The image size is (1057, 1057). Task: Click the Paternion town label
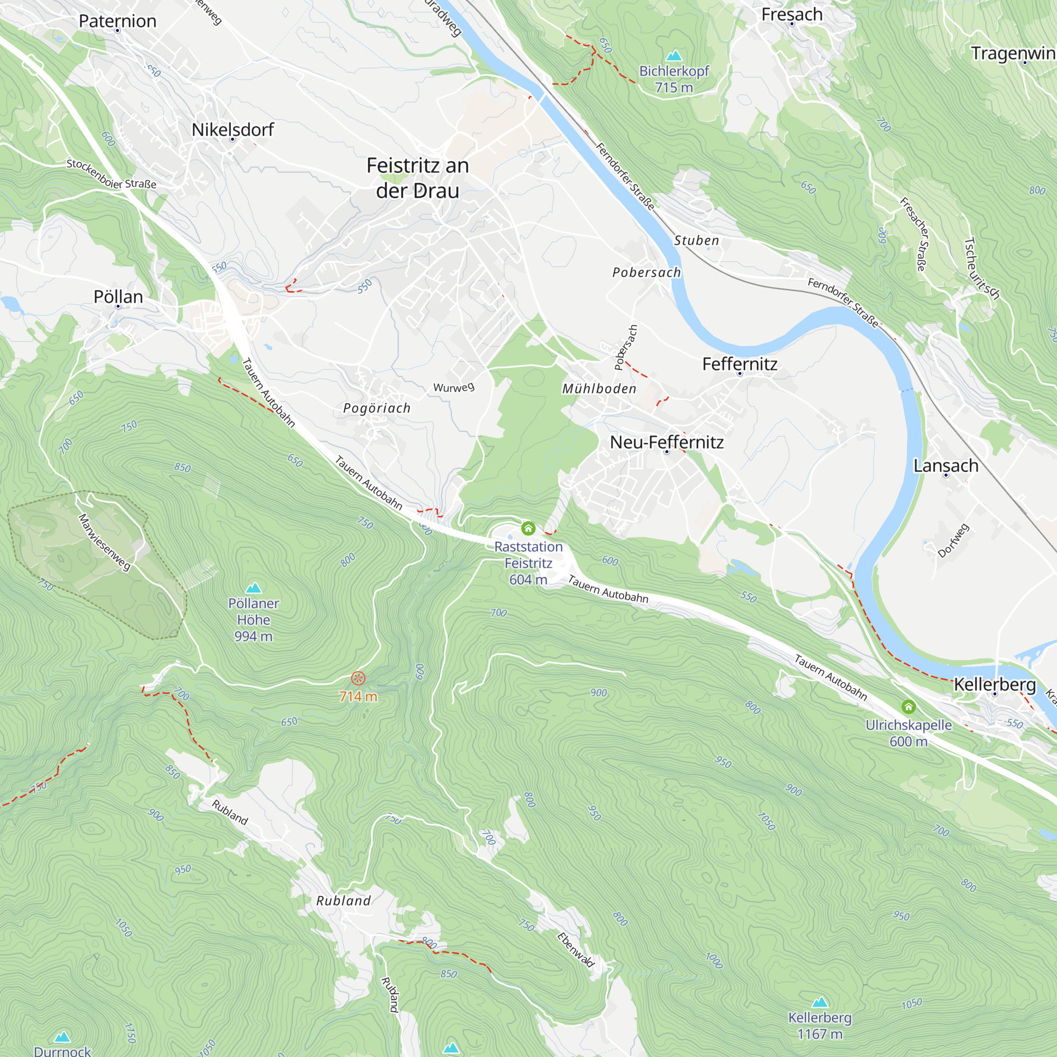click(117, 21)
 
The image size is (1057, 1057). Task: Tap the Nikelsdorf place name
click(233, 129)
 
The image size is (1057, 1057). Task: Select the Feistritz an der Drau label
click(418, 178)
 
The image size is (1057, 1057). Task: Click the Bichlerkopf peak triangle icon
click(674, 56)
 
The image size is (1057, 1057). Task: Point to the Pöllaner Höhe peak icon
click(253, 588)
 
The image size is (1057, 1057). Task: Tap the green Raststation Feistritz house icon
click(528, 528)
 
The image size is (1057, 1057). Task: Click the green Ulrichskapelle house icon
click(908, 706)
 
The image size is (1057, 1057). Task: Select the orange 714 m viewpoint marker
click(358, 679)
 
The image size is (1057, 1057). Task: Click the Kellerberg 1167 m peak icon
click(820, 1002)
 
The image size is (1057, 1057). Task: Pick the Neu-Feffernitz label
click(666, 442)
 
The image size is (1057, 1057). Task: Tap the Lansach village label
click(946, 466)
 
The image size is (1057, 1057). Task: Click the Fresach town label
click(792, 14)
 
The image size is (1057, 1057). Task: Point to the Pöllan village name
click(118, 296)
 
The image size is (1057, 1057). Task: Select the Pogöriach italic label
click(376, 408)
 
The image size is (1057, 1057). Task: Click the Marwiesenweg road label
click(105, 542)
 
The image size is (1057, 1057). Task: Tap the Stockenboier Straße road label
click(111, 174)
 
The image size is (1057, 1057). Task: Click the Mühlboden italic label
click(599, 388)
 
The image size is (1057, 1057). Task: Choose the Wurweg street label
click(453, 387)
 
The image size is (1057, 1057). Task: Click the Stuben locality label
click(696, 240)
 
